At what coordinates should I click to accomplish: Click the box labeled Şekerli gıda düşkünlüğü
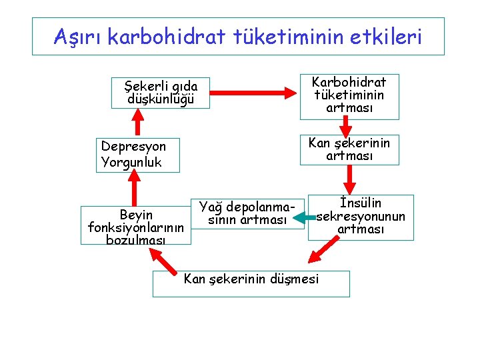[161, 93]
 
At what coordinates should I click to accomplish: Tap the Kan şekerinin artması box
[349, 149]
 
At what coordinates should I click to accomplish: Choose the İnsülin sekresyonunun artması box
[361, 217]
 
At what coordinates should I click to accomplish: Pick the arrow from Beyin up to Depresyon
[136, 189]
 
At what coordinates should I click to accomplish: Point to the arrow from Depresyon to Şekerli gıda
[138, 122]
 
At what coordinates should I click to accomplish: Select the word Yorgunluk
[131, 162]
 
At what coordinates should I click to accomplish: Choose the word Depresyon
[133, 146]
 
